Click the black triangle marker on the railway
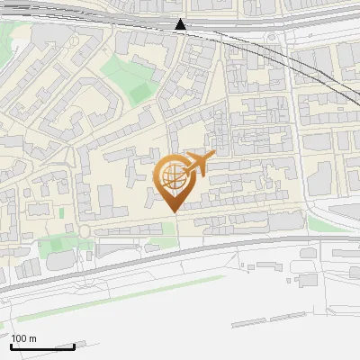pos(181,24)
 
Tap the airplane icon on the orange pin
pos(197,164)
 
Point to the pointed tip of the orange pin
pos(172,210)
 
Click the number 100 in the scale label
pos(20,338)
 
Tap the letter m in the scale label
pos(33,338)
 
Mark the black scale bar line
pos(42,346)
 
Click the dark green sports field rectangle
pos(139,91)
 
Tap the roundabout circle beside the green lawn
pos(85,231)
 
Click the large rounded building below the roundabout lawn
pos(63,259)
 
